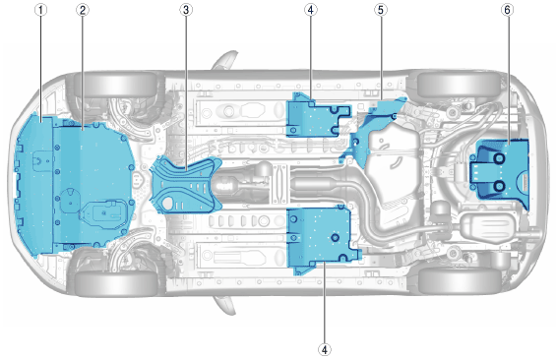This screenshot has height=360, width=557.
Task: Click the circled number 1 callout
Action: tap(41, 10)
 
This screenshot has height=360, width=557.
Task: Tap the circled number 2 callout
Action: tap(83, 10)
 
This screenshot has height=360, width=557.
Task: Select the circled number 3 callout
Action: tap(186, 10)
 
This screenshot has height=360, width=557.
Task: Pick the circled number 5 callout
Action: tap(381, 10)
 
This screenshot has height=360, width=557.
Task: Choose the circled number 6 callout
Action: tap(507, 10)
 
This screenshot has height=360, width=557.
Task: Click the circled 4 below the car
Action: tap(325, 349)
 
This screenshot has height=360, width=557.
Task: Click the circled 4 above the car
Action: tap(310, 10)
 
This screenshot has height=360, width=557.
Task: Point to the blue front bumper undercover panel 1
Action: tap(33, 185)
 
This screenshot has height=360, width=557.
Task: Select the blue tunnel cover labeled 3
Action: tap(187, 185)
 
